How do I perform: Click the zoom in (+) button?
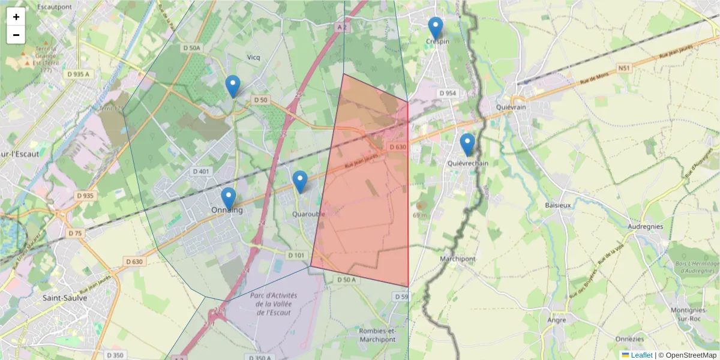coord(16,17)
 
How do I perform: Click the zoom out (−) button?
coord(16,35)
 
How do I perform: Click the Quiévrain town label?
coord(511,107)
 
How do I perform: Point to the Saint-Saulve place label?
coord(66,297)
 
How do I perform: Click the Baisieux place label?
coord(558,205)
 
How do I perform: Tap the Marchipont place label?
coord(457,259)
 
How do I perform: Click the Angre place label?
coord(556,320)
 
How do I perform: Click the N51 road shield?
coord(624,68)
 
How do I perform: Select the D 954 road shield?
coord(448,93)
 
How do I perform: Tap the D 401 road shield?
coord(202,172)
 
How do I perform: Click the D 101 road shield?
coord(296,256)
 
